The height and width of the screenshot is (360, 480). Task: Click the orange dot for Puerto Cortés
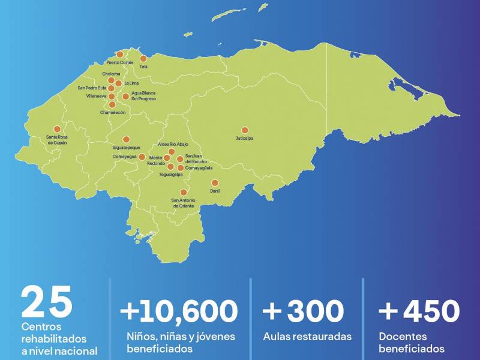coord(120,55)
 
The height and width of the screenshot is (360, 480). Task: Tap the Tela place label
coord(143,67)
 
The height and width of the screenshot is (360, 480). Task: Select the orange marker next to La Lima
coord(119,83)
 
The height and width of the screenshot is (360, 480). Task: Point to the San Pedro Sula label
coord(92,88)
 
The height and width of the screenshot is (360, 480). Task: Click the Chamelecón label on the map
coord(112,112)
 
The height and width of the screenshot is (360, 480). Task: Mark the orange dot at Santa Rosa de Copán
coord(57,129)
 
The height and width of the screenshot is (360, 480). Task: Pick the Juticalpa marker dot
coord(244,130)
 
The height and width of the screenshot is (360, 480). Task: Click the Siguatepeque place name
coord(126,147)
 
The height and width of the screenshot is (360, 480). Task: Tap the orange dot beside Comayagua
coord(142,157)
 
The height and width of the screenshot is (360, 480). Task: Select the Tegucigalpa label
coord(171,175)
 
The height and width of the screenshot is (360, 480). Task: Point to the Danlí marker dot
coord(215,183)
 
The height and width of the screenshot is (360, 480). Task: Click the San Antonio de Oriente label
coord(183,203)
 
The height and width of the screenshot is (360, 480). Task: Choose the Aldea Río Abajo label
coord(173,145)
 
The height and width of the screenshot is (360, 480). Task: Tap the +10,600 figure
coord(179,311)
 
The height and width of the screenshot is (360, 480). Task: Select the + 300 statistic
coord(303,311)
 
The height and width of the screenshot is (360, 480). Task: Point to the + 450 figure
coord(419,311)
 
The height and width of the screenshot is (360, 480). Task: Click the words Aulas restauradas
coord(307,337)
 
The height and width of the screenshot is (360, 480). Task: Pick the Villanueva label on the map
coord(96,96)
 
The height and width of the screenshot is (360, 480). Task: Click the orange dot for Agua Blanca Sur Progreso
coord(125,96)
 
